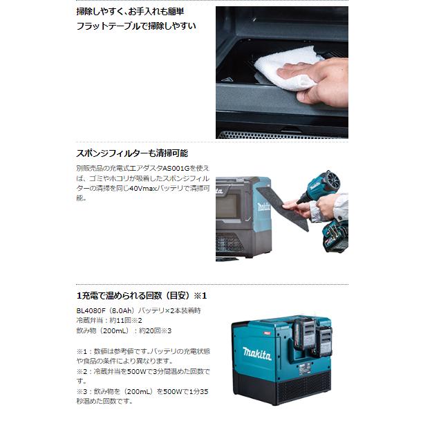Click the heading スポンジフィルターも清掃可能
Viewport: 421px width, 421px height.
pyautogui.click(x=132, y=153)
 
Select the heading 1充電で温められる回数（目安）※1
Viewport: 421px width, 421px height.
pyautogui.click(x=142, y=296)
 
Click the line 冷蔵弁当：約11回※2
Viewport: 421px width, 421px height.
pyautogui.click(x=109, y=321)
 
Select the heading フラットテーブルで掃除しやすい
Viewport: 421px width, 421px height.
pyautogui.click(x=136, y=26)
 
